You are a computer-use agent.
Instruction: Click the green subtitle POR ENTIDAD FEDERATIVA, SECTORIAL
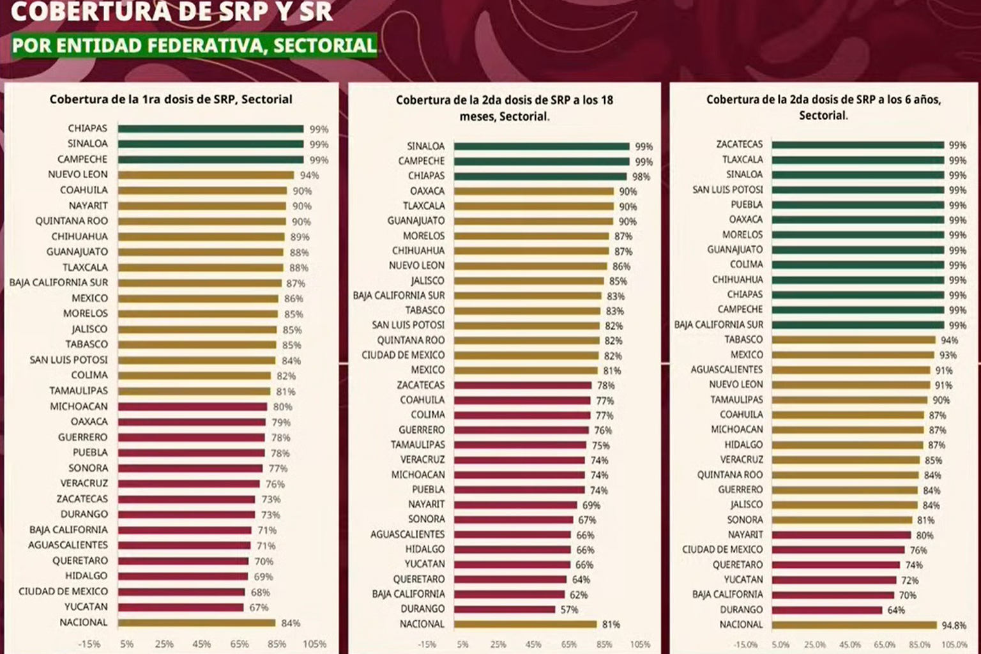coord(194,45)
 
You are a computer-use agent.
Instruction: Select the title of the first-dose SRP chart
coord(171,99)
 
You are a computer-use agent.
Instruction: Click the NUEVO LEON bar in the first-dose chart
coord(206,175)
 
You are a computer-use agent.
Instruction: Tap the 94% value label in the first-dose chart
coord(309,176)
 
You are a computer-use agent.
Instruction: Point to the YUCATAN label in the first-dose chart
coord(86,607)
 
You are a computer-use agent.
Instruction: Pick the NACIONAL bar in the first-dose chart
coord(196,623)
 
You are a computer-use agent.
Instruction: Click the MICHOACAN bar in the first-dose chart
coord(192,406)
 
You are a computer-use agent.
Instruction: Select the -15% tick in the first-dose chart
coord(89,644)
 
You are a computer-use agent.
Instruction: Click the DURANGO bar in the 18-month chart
coord(505,609)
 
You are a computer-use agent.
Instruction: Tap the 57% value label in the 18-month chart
coord(569,610)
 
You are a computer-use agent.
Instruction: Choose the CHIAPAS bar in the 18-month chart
coord(540,176)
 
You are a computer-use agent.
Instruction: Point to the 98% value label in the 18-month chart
coord(641,177)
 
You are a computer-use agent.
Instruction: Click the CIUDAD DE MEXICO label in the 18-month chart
coord(403,355)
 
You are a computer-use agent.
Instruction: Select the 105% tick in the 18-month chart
coord(640,644)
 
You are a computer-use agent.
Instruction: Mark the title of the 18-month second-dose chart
coord(505,108)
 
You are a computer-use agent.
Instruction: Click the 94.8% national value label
coord(954,625)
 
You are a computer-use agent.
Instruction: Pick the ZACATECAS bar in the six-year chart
coord(858,145)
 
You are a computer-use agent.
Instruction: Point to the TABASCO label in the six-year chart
coord(743,340)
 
